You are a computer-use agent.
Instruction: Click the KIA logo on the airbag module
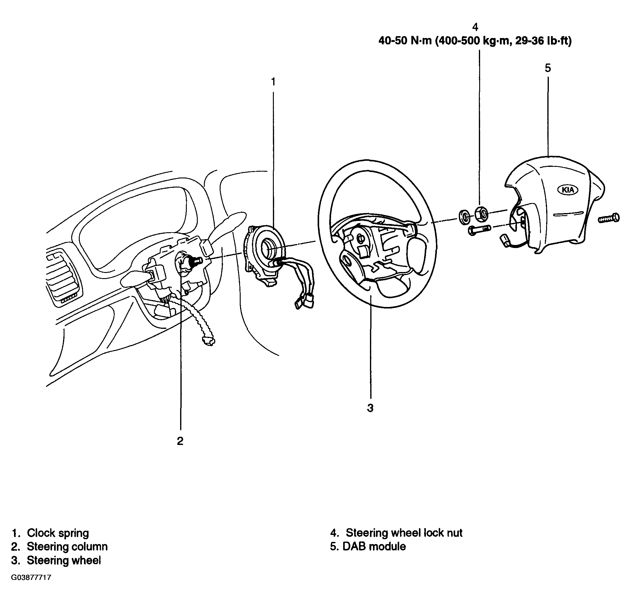coord(568,190)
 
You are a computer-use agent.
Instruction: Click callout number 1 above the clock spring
coord(273,82)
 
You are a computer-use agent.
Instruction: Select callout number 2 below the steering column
coord(180,441)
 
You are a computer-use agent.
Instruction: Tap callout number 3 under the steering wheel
coord(370,408)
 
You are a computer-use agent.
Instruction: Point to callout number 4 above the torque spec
coord(475,27)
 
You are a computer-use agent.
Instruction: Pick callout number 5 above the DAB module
coord(548,68)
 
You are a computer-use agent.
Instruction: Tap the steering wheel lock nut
coord(481,214)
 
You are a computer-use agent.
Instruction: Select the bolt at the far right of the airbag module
coord(609,218)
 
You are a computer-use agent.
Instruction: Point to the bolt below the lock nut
coord(479,230)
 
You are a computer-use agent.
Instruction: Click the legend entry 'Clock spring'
coord(58,533)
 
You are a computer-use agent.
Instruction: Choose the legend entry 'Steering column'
coord(67,546)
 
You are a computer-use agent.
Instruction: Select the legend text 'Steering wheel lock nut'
coord(404,533)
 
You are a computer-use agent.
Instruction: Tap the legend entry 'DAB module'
coord(374,546)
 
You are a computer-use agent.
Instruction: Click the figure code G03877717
coord(31,577)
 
